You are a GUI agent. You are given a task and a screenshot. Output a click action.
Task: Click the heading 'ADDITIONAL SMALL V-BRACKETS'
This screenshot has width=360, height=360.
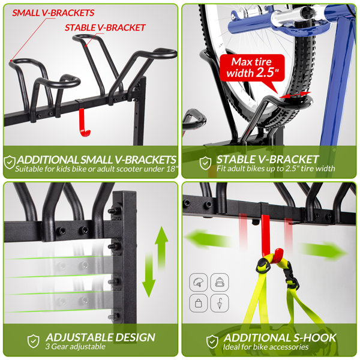[x=97, y=160]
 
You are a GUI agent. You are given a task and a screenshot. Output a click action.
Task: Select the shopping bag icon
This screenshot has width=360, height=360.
[x=198, y=302]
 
